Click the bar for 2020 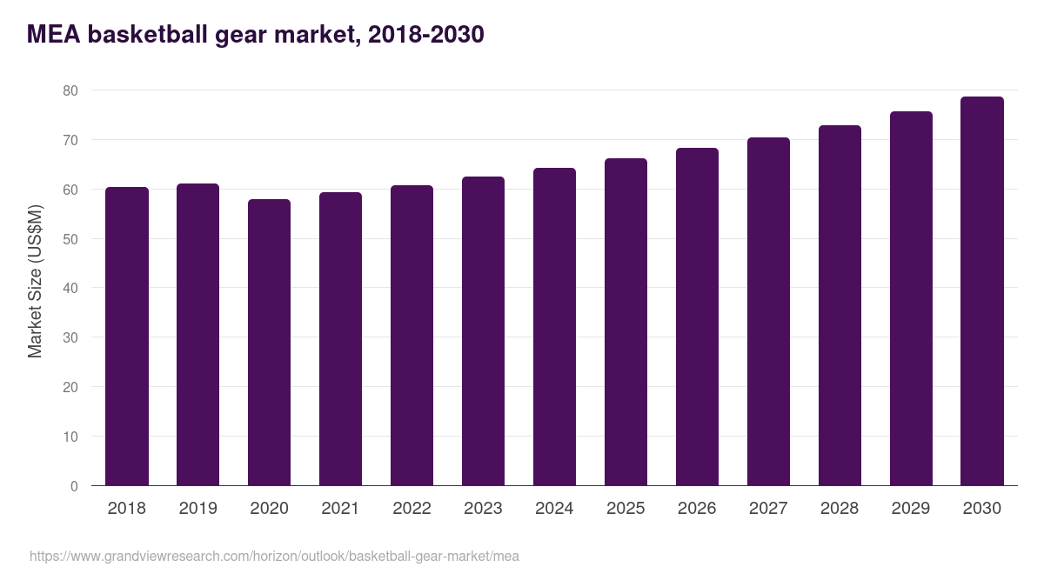pos(270,343)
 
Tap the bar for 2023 pos(484,331)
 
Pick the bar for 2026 pos(697,317)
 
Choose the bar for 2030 pos(982,291)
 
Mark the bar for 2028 pos(840,305)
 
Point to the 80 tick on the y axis pos(70,90)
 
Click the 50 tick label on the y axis pos(70,239)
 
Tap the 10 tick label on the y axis pos(70,437)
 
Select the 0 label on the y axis pos(74,486)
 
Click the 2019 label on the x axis pos(198,509)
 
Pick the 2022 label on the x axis pos(412,509)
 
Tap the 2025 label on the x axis pos(626,509)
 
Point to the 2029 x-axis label pos(911,509)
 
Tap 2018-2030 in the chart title pos(426,35)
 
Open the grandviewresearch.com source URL pos(274,556)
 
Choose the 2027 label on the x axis pos(768,509)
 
